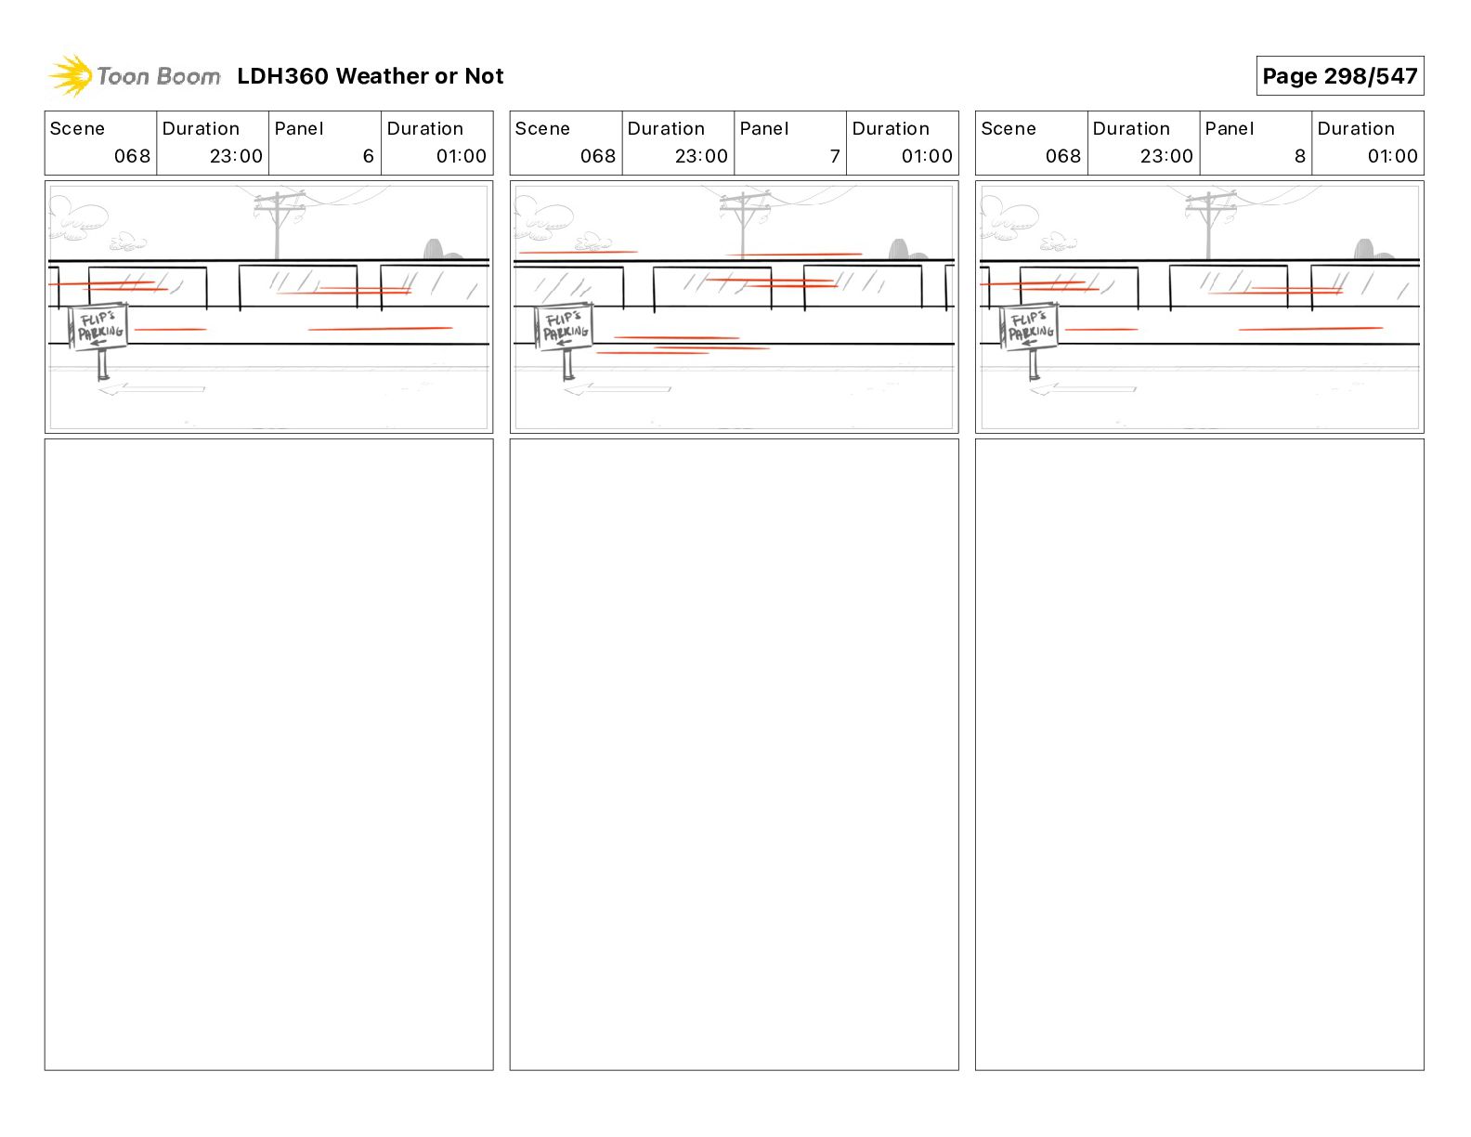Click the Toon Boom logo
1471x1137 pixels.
(x=135, y=76)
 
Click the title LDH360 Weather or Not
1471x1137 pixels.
(x=370, y=76)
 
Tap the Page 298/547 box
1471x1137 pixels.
(x=1339, y=76)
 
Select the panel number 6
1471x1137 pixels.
(x=368, y=156)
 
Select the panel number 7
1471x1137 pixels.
(x=834, y=156)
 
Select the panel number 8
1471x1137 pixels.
(x=1299, y=156)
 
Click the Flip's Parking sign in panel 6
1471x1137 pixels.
(x=98, y=327)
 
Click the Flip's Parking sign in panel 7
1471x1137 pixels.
(x=565, y=327)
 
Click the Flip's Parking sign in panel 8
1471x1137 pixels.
(x=1030, y=327)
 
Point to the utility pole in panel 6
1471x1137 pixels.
(x=277, y=223)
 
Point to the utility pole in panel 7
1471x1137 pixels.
(x=743, y=223)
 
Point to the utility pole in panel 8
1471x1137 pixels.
(x=1208, y=223)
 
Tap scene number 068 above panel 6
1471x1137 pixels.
(x=132, y=156)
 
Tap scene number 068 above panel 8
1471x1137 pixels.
(x=1063, y=156)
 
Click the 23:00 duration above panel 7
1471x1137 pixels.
(x=701, y=156)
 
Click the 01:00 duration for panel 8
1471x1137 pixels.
(x=1392, y=156)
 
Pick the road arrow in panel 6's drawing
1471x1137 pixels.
(x=151, y=389)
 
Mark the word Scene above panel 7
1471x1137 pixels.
(x=542, y=128)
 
